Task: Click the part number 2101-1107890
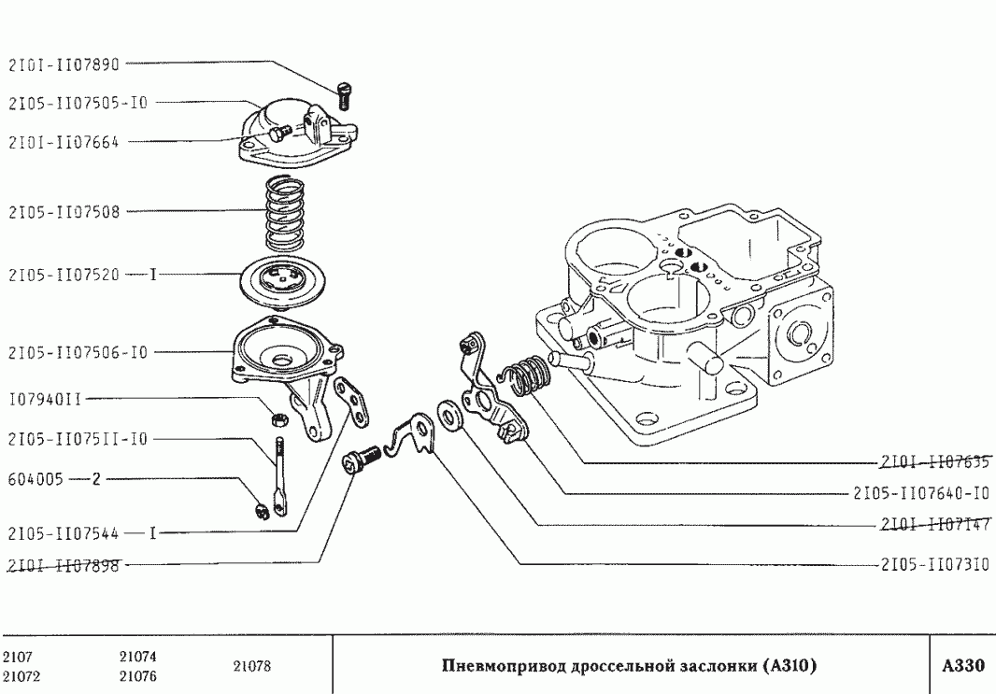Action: click(64, 64)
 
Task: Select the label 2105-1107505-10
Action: click(78, 103)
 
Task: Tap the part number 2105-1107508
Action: click(64, 211)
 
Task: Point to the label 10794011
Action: click(45, 400)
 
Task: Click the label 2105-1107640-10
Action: click(921, 493)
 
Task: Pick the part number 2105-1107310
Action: click(935, 564)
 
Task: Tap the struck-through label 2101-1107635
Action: click(935, 461)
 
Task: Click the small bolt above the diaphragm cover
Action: click(346, 96)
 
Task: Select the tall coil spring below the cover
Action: click(284, 214)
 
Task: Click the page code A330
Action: click(963, 665)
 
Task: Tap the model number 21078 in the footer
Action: click(252, 666)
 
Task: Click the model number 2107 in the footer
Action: click(18, 657)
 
